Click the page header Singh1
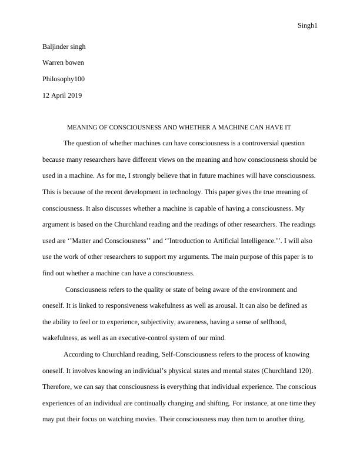tap(308, 26)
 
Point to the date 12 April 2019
tap(62, 95)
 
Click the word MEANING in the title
tap(82, 127)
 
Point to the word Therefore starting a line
tap(58, 387)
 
